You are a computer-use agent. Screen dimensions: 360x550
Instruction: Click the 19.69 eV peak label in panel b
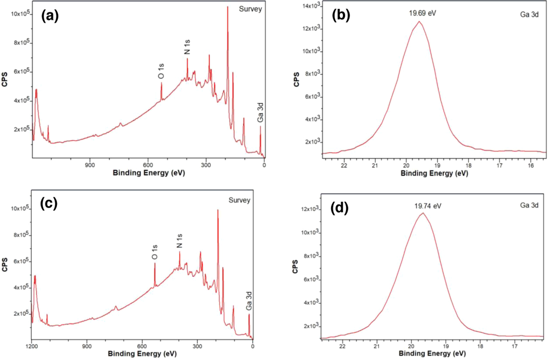click(x=422, y=13)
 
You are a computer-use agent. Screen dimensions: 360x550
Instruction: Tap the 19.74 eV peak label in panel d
click(x=427, y=206)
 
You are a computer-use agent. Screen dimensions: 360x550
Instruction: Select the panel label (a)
click(x=50, y=16)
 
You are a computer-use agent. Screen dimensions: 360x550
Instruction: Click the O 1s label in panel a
click(x=161, y=71)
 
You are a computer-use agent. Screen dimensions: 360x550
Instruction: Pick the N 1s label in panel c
click(x=180, y=241)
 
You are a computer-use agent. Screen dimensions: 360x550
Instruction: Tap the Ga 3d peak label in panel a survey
click(x=260, y=113)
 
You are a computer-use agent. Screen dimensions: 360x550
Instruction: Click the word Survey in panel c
click(x=239, y=200)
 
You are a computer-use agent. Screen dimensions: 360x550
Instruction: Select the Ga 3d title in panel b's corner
click(x=529, y=15)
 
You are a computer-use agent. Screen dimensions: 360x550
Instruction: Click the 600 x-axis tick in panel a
click(x=148, y=165)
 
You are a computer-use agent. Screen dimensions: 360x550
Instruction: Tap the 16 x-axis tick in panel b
click(x=531, y=166)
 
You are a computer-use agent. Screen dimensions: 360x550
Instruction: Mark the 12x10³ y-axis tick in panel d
click(x=309, y=209)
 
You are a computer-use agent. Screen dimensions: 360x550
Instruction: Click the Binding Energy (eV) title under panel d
click(x=432, y=353)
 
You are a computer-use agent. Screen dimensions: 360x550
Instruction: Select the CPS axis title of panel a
click(x=5, y=79)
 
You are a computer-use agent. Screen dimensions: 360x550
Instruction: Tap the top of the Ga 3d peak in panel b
click(x=419, y=21)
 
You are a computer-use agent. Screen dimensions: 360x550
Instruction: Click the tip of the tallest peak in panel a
click(x=228, y=7)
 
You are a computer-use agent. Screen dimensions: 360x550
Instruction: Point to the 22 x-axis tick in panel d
click(x=342, y=346)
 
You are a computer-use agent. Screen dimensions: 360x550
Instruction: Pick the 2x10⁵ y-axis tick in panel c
click(x=21, y=313)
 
